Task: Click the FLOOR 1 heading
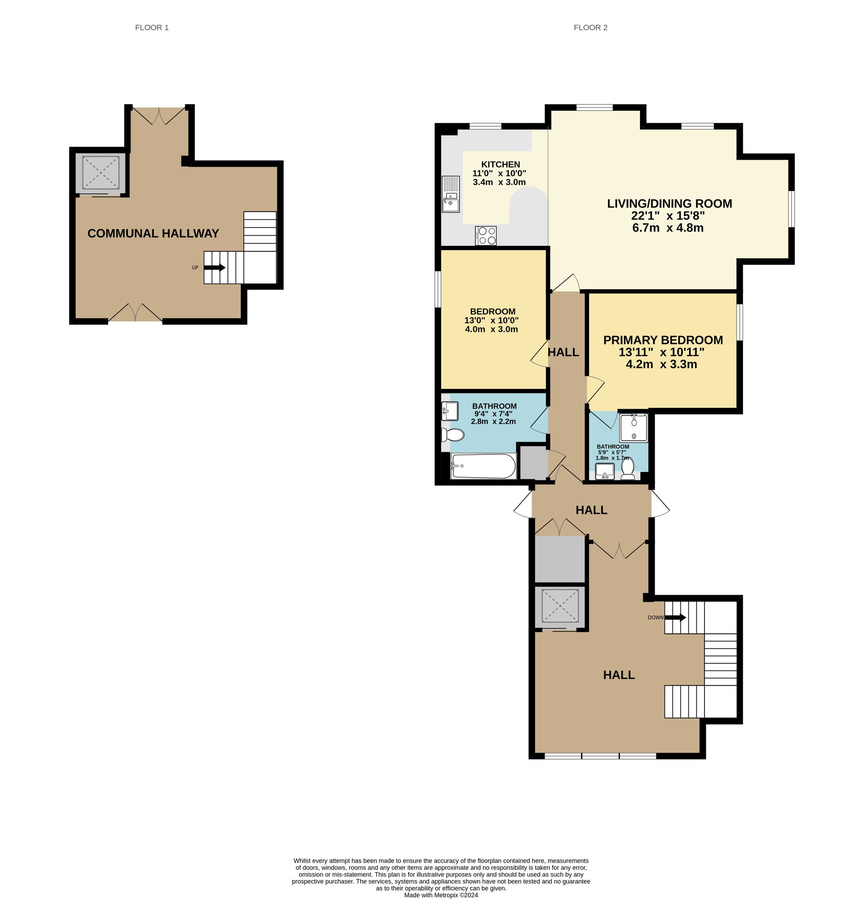[x=151, y=27]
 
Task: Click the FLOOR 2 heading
[x=590, y=27]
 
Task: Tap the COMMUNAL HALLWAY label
[x=153, y=233]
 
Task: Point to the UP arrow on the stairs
[x=214, y=267]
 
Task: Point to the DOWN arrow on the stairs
[x=675, y=617]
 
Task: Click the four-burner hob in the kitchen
[x=486, y=236]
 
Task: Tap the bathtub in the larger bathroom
[x=483, y=466]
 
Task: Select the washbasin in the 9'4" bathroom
[x=450, y=411]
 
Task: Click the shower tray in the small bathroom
[x=634, y=428]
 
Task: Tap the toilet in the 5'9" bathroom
[x=628, y=468]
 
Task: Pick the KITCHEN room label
[x=500, y=165]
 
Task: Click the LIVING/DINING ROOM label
[x=670, y=204]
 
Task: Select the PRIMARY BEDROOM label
[x=663, y=340]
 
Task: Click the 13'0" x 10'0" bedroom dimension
[x=491, y=321]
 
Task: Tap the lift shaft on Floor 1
[x=100, y=173]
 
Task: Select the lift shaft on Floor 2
[x=560, y=607]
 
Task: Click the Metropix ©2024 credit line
[x=441, y=895]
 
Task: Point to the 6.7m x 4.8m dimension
[x=668, y=228]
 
